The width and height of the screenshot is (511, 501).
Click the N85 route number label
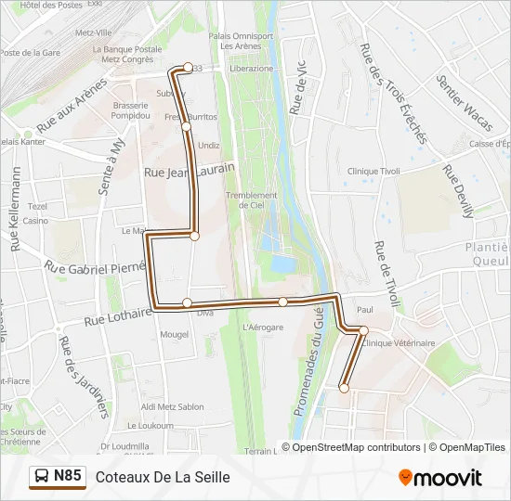68,477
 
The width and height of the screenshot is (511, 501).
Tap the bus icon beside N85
42,477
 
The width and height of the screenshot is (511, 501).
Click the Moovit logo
440,478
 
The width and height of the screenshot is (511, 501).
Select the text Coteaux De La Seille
163,477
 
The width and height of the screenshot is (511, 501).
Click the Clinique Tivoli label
373,171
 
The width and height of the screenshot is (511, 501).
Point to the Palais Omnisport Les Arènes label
241,42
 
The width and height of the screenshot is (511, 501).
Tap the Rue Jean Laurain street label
189,171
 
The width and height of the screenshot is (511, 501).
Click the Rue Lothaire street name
117,317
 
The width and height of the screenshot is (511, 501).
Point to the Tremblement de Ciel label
251,200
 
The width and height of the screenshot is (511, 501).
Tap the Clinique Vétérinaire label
400,343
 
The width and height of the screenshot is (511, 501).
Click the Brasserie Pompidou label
131,110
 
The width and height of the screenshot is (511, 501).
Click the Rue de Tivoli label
386,275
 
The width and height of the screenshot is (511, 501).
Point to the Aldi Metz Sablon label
172,407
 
